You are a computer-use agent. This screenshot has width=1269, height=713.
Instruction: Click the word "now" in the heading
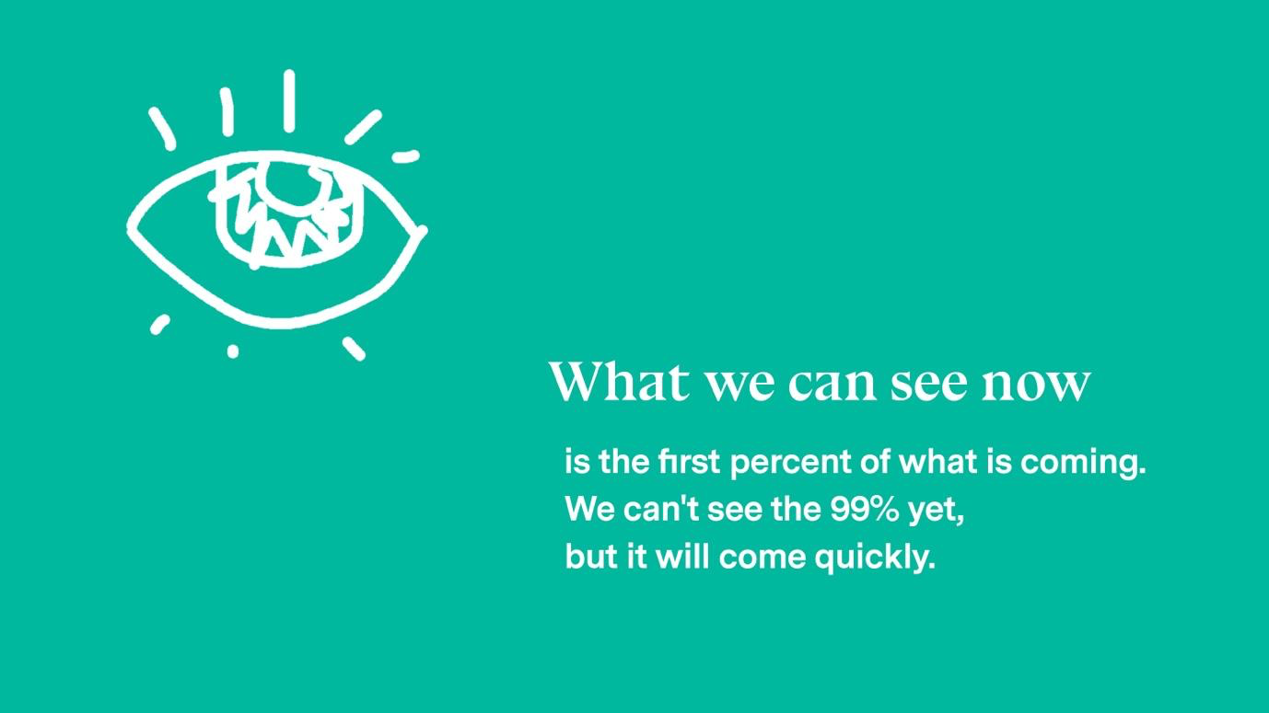coord(1036,385)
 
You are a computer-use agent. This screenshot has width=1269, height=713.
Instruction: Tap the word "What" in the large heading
coord(619,380)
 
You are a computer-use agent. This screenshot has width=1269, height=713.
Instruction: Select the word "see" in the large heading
coord(928,385)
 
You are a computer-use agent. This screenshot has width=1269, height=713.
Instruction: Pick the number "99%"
coord(865,510)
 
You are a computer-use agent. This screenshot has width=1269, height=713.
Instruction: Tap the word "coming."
coord(1083,464)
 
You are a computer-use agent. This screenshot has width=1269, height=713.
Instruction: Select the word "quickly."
coord(875,558)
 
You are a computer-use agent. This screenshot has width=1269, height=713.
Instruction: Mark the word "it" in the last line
coord(636,556)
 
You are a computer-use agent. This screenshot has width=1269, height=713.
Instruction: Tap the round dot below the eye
coord(233,351)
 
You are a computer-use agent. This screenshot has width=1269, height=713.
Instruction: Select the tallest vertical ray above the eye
coord(289,100)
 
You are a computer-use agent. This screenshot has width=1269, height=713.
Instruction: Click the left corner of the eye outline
coord(130,227)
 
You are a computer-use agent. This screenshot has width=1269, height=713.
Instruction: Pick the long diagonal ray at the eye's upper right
coord(363,127)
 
